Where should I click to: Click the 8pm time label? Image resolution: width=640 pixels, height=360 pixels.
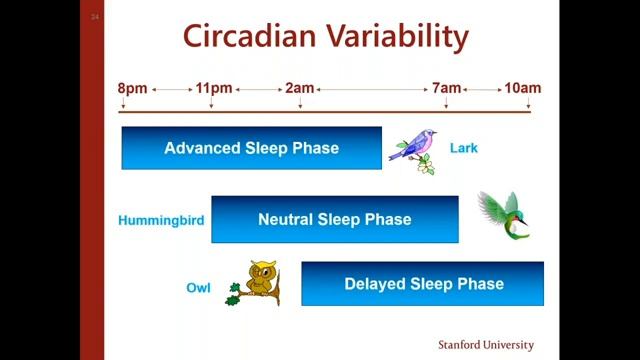coord(133,88)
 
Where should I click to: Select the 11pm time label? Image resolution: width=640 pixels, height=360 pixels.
coord(214,88)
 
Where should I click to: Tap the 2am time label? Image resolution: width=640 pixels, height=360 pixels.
coord(300,88)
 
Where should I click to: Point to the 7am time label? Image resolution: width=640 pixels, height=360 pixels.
coord(446,88)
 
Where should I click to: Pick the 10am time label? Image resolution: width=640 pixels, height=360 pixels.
coord(522,88)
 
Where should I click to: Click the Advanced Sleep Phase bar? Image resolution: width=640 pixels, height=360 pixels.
coord(251,148)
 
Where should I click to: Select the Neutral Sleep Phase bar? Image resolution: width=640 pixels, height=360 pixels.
coord(334,219)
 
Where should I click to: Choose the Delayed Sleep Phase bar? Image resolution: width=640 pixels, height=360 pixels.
coord(422,283)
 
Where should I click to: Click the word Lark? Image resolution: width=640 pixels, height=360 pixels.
coord(464,149)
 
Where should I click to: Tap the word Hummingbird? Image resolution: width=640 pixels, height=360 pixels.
coord(161,220)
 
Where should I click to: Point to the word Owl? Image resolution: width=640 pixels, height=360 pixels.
coord(199,288)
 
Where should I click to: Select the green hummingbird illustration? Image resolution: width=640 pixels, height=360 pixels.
coord(503,215)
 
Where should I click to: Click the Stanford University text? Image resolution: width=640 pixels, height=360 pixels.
coord(485,344)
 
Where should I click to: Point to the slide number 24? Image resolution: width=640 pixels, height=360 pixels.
coord(94,16)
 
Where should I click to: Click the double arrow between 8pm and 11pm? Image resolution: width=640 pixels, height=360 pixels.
coord(172,89)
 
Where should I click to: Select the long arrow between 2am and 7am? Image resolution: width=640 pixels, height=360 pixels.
coord(373,89)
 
